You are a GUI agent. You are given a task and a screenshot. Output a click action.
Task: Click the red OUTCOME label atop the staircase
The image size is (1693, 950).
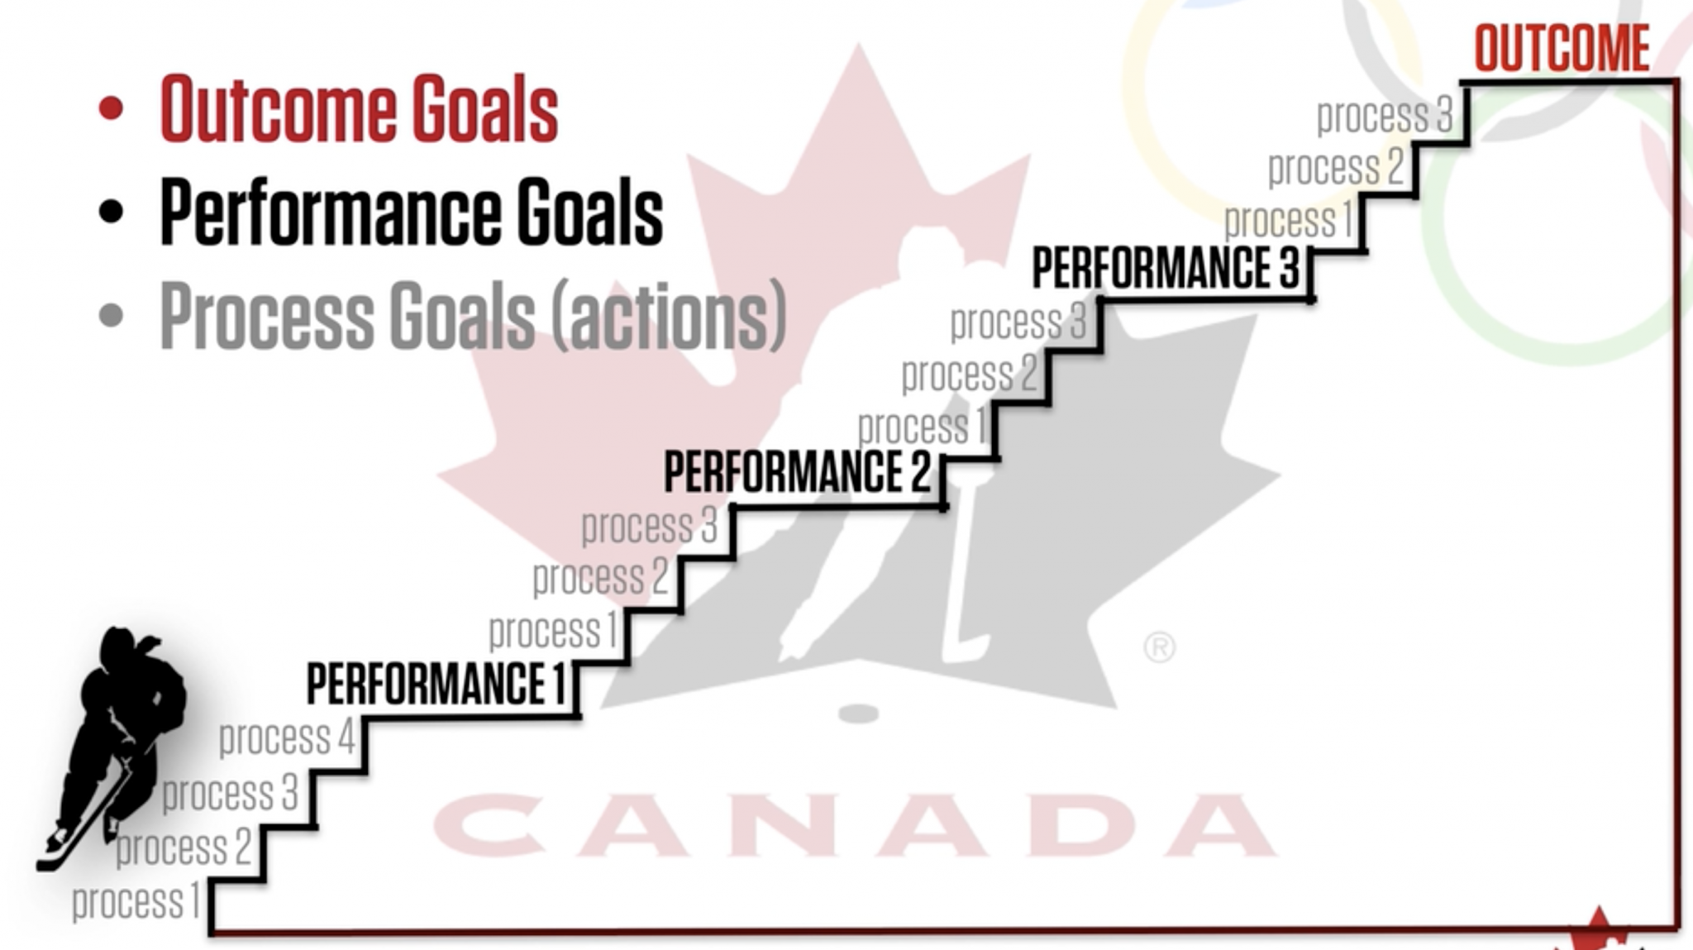click(1562, 49)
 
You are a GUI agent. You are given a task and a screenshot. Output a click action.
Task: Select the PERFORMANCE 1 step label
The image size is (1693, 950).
click(436, 684)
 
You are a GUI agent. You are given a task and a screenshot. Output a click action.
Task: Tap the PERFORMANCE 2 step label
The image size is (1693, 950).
click(797, 472)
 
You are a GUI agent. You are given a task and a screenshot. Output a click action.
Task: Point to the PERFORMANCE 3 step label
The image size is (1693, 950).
click(1166, 268)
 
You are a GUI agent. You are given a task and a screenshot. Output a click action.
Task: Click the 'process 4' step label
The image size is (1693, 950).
click(287, 738)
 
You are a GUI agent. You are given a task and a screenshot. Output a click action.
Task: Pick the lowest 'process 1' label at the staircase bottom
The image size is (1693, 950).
click(136, 901)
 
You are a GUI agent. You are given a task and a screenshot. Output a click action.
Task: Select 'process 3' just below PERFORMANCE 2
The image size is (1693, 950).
click(649, 526)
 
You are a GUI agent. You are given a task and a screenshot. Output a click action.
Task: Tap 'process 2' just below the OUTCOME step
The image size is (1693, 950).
click(1336, 168)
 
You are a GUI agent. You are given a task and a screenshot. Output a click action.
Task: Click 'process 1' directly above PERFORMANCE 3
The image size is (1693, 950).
click(1288, 221)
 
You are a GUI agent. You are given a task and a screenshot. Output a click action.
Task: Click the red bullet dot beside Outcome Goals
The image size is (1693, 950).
click(111, 108)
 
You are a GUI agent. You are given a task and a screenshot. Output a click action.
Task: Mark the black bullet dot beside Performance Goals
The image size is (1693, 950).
click(111, 211)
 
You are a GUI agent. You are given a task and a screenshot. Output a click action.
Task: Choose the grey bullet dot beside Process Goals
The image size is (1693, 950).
click(111, 314)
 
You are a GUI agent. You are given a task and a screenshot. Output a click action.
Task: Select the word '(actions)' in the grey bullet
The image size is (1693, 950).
click(668, 315)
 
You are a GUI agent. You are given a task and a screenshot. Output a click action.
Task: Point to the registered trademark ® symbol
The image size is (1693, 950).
click(1159, 647)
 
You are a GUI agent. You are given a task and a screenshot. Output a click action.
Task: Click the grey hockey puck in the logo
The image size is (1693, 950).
click(857, 713)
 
